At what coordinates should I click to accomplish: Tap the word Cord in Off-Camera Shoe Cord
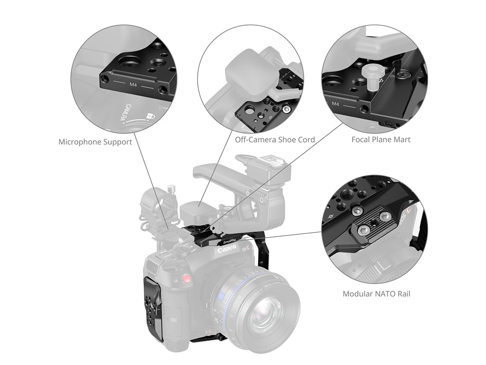pos(306,140)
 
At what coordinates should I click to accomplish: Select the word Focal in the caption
pos(362,140)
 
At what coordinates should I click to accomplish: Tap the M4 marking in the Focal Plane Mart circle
pos(336,104)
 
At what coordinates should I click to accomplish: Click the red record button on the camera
pos(187,279)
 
